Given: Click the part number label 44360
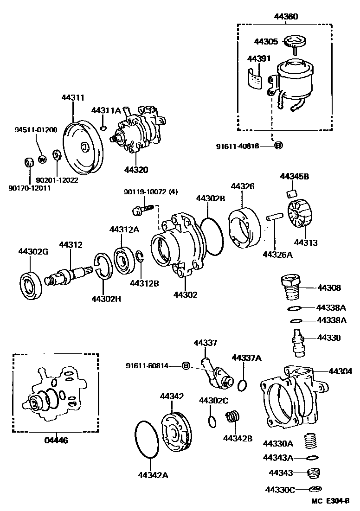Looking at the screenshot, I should point(285,17).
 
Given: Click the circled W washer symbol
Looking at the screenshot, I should point(42,160).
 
